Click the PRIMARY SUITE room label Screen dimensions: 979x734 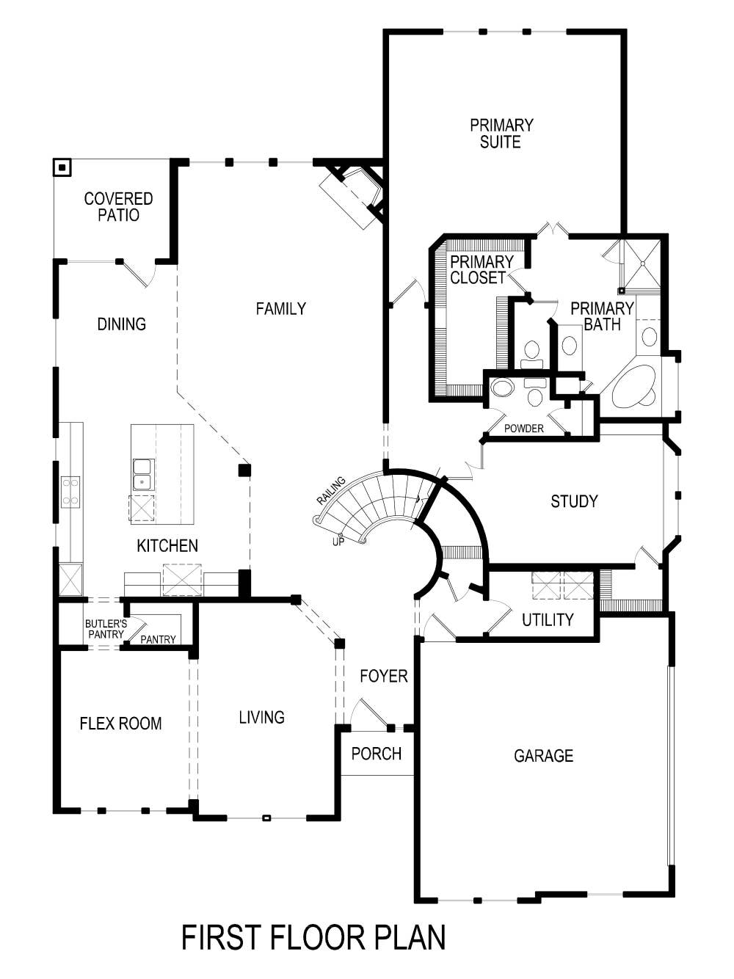pyautogui.click(x=501, y=134)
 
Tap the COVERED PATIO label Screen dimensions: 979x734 pyautogui.click(x=118, y=207)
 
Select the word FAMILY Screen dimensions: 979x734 pyautogui.click(x=280, y=309)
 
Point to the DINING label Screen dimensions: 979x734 pyautogui.click(x=121, y=324)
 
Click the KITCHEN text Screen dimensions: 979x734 pyautogui.click(x=167, y=546)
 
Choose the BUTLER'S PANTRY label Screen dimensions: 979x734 pyautogui.click(x=105, y=629)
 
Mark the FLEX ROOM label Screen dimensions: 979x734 pyautogui.click(x=120, y=724)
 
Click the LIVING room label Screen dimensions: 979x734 pyautogui.click(x=261, y=718)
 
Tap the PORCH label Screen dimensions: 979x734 pyautogui.click(x=376, y=754)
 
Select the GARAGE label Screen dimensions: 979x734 pyautogui.click(x=543, y=756)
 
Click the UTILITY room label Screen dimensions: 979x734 pyautogui.click(x=548, y=620)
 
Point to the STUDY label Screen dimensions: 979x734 pyautogui.click(x=574, y=501)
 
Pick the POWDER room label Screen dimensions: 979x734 pyautogui.click(x=524, y=429)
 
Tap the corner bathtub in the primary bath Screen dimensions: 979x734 pyautogui.click(x=633, y=387)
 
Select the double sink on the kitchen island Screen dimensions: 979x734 pyautogui.click(x=142, y=474)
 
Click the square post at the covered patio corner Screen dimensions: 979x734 pyautogui.click(x=62, y=168)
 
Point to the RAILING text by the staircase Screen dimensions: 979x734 pyautogui.click(x=330, y=490)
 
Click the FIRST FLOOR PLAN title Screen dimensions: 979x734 pyautogui.click(x=313, y=938)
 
